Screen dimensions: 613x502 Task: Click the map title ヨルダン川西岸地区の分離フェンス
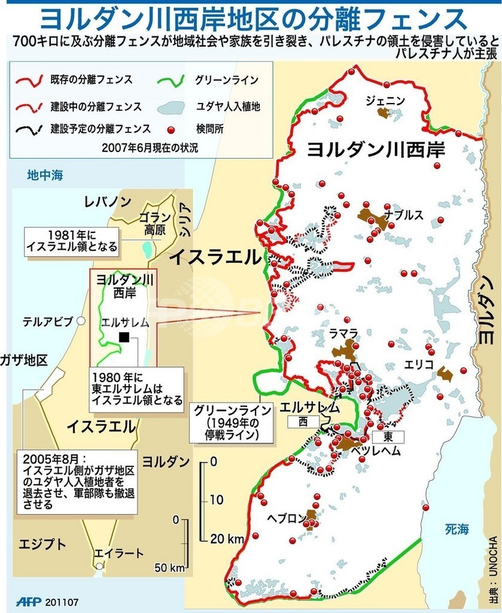pos(252,18)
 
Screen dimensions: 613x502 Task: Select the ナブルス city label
pos(404,215)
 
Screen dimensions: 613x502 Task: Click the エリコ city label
pos(419,364)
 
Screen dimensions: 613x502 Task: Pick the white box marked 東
pos(387,436)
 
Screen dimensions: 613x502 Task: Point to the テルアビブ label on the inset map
pos(48,321)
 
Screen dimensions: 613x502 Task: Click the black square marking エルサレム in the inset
pos(124,337)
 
